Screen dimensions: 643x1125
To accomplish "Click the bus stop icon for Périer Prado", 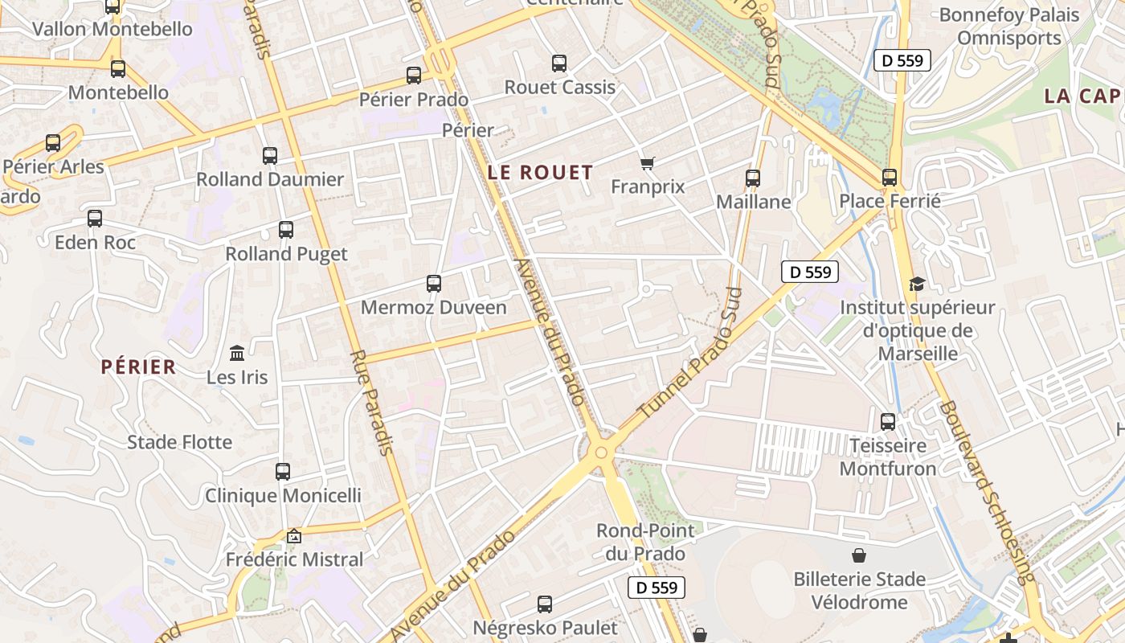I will [414, 76].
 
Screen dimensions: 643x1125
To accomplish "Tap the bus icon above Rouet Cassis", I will [559, 63].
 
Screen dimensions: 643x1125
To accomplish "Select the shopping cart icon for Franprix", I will [648, 163].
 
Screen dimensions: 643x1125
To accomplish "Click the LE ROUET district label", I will [540, 172].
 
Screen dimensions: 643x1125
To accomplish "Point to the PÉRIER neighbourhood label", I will [138, 367].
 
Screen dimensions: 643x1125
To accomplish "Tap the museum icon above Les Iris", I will [237, 353].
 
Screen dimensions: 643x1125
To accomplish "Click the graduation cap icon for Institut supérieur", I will [917, 284].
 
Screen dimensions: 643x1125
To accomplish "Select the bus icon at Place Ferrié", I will [890, 178].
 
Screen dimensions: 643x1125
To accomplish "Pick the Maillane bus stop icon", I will [753, 178].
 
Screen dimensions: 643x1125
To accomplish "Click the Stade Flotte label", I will [180, 442].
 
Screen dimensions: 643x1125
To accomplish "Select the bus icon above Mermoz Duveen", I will [434, 284].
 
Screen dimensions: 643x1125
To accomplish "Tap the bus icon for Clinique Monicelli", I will [283, 472].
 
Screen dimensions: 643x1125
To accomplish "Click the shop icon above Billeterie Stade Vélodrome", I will [859, 555].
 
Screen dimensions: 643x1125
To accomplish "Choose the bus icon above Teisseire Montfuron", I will [888, 421].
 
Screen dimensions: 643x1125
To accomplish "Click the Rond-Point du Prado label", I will [640, 542].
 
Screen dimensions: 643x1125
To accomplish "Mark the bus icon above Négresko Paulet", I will [545, 604].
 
